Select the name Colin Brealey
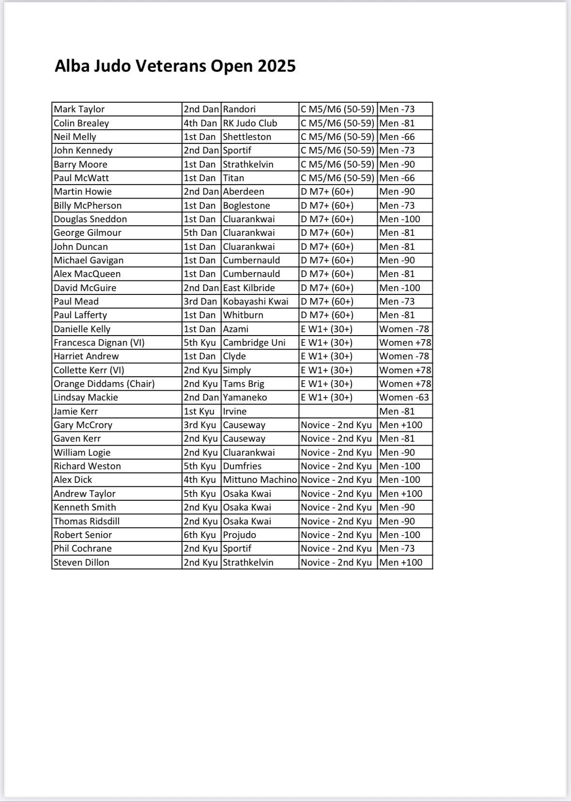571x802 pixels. coord(81,123)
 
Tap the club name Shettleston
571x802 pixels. coord(247,137)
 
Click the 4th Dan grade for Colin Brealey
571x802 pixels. coord(200,123)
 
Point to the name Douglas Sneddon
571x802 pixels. coord(90,219)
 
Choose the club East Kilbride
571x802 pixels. coord(249,288)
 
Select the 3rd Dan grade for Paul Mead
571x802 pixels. coord(200,301)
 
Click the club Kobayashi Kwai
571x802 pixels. coord(255,301)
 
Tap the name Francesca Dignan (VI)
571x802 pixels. coord(99,342)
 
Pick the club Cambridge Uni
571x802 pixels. coord(254,342)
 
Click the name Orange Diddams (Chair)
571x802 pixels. coord(104,384)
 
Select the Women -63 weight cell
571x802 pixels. coord(404,397)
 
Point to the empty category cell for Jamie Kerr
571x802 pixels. coord(338,411)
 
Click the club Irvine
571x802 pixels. coord(235,411)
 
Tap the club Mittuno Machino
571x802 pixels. coord(260,479)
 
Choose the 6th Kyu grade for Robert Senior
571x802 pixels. coord(200,535)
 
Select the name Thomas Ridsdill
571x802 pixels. coord(87,521)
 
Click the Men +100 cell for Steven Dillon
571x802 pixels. coord(401,562)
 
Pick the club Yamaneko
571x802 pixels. coord(245,397)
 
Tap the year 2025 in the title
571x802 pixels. coord(277,66)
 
